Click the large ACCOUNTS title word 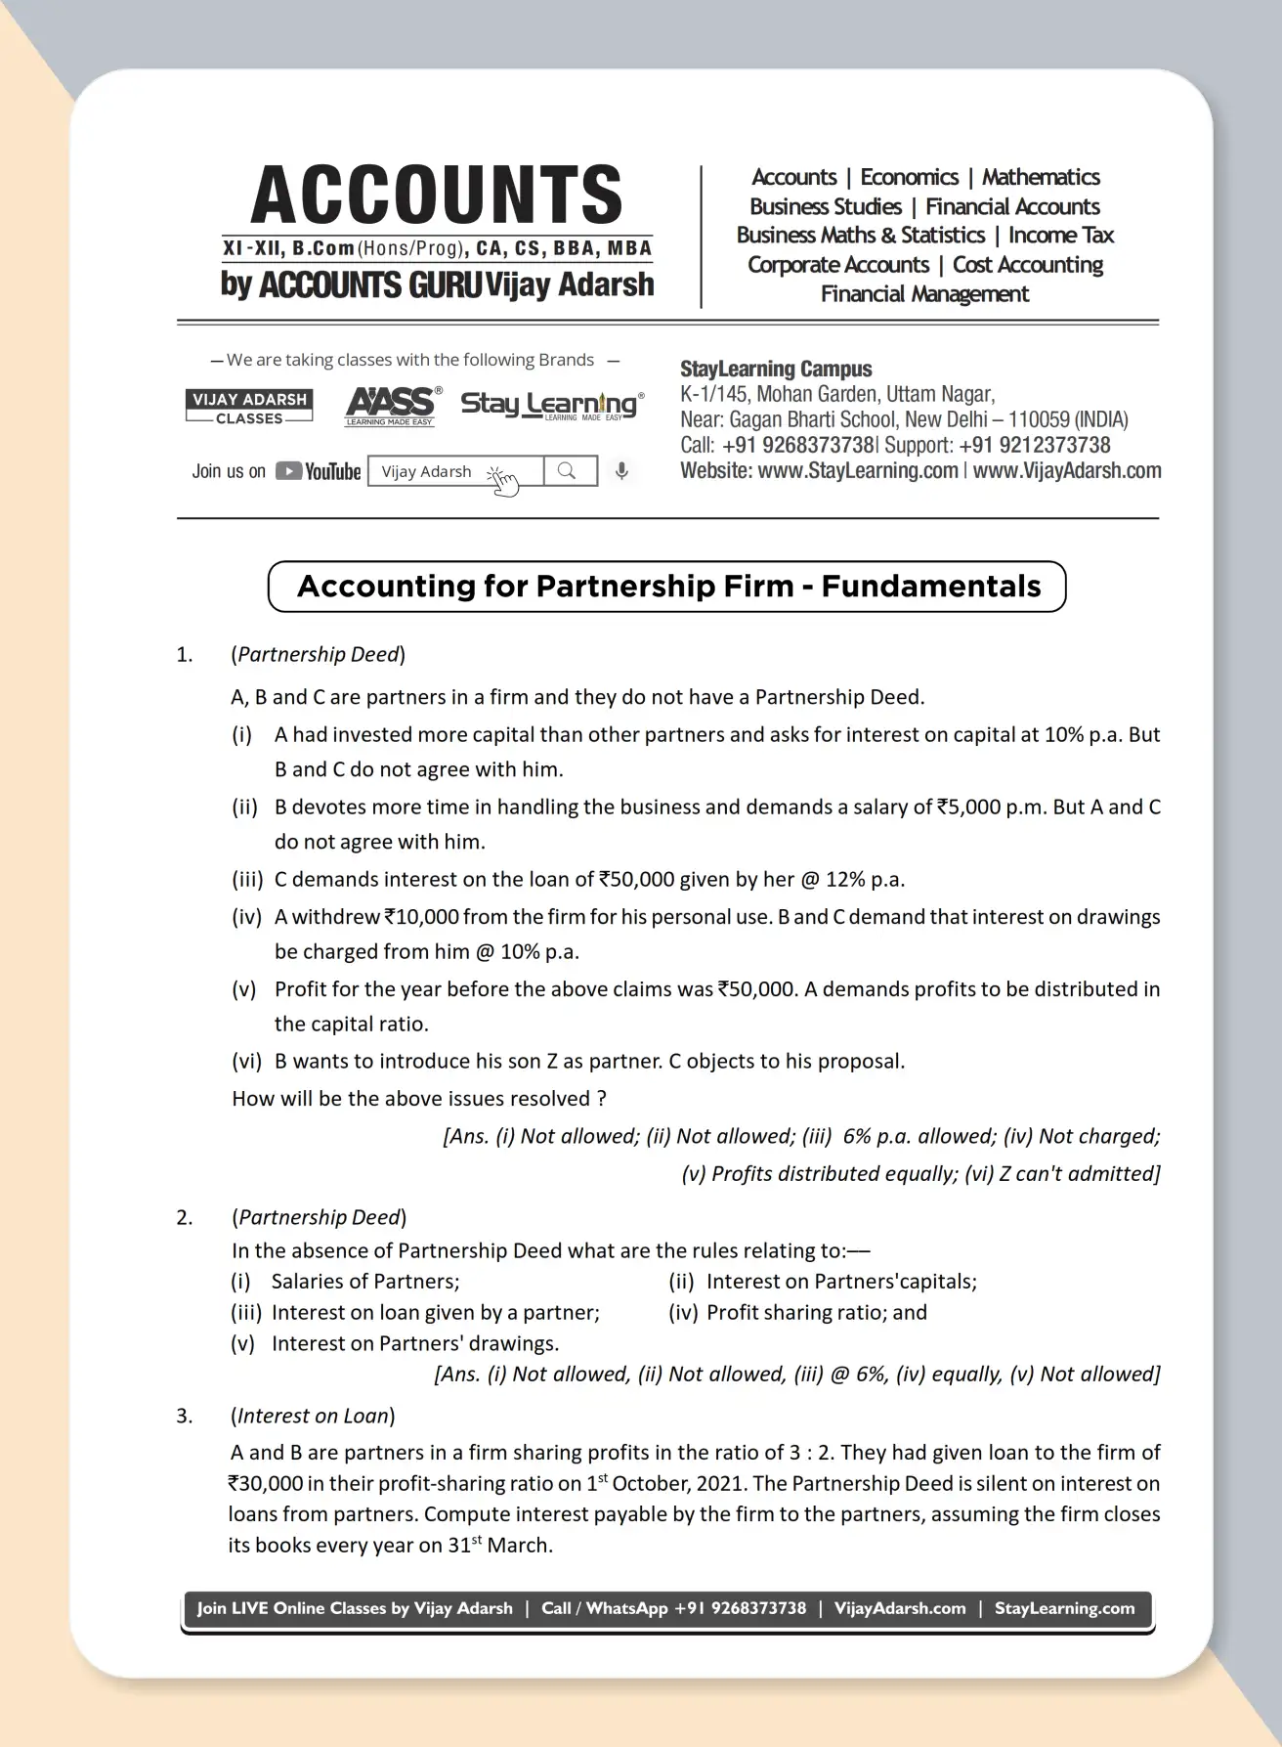[437, 195]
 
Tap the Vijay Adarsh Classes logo [249, 407]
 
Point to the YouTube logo [319, 471]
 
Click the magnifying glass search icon [568, 471]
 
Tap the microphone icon [621, 471]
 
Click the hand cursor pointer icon [503, 480]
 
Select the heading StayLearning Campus [776, 370]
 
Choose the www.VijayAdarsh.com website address [1067, 471]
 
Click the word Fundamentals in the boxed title [930, 587]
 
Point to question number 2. [185, 1217]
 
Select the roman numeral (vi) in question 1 [246, 1062]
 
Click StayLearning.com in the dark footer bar [1064, 1608]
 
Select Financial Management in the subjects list [924, 294]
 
